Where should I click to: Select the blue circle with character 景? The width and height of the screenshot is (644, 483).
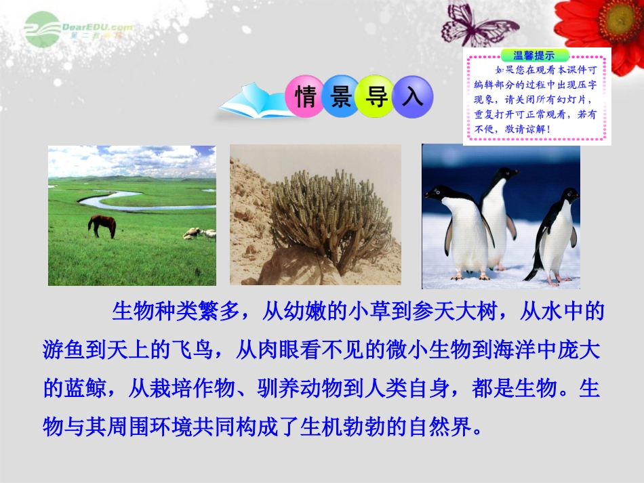click(341, 97)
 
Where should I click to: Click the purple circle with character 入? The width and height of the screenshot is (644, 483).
click(412, 97)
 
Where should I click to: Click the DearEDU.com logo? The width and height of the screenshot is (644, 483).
click(75, 28)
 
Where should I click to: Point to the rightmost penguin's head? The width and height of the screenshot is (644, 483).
click(565, 197)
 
